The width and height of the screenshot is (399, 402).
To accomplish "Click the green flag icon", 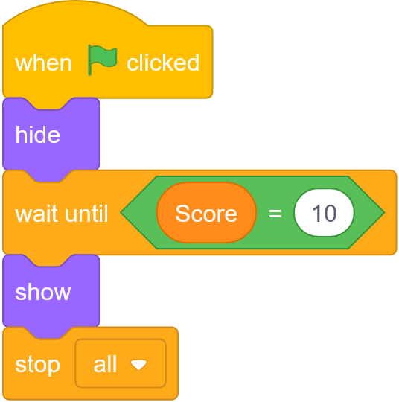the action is click(x=102, y=60).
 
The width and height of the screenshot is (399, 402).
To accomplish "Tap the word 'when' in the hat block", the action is click(x=43, y=63).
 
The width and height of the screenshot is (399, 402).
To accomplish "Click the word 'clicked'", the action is click(x=163, y=63).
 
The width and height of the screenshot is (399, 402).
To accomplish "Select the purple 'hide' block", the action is click(x=51, y=134).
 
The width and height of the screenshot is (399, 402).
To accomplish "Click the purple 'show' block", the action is click(x=51, y=291).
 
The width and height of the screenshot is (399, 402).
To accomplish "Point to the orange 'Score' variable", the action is click(x=206, y=212).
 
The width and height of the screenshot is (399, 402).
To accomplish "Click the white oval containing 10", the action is click(x=324, y=212).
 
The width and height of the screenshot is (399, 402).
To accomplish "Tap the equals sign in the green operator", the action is click(x=275, y=213).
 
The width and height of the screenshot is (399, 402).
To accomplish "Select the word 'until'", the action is click(x=86, y=213).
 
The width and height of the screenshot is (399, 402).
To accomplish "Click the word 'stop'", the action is click(x=37, y=365).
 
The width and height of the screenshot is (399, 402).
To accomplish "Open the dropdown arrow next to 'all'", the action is click(x=138, y=365).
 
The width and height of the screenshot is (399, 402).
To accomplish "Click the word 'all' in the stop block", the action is click(x=105, y=364).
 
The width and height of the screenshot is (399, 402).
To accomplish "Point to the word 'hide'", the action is click(x=37, y=134).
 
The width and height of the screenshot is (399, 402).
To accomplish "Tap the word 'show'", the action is click(x=43, y=293).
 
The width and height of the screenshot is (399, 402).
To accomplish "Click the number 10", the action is click(x=324, y=213).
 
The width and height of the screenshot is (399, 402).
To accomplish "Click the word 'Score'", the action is click(x=206, y=214).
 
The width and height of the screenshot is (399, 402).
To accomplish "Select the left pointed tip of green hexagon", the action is click(x=121, y=212).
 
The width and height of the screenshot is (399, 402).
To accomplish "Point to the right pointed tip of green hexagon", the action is click(x=385, y=212).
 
